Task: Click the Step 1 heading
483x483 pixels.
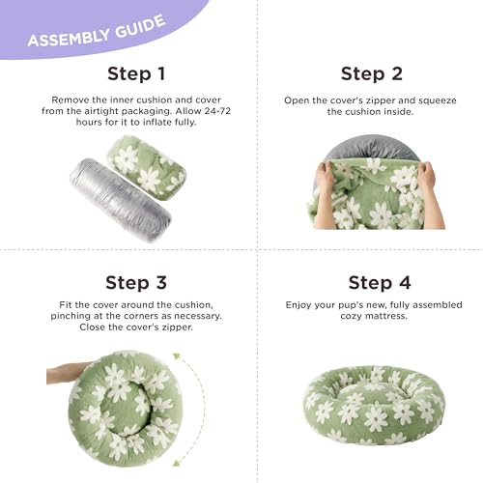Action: (136, 73)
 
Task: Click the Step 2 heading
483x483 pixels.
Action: (372, 73)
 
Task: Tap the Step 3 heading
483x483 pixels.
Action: (136, 283)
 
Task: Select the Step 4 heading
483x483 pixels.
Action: (380, 283)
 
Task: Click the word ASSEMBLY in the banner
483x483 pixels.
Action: (69, 38)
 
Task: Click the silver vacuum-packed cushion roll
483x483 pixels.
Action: (121, 200)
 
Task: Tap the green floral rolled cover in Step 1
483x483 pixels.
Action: (146, 167)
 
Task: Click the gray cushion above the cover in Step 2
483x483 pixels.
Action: (372, 147)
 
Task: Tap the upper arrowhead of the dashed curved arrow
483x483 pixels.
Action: (177, 356)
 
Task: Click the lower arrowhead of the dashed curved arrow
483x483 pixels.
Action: (177, 463)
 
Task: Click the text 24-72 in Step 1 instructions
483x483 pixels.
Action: (217, 111)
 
